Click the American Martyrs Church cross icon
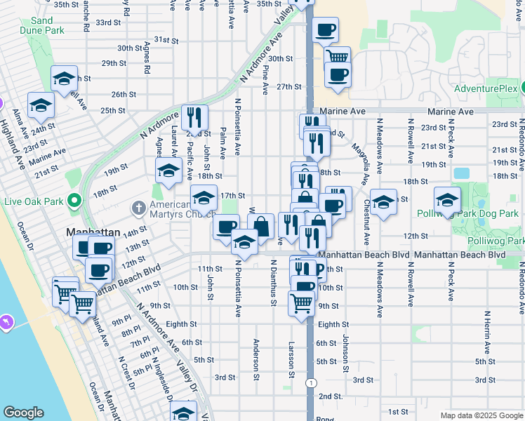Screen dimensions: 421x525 (x=139, y=208)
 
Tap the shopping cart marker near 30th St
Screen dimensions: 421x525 (x=338, y=58)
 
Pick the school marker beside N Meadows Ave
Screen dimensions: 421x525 (x=383, y=202)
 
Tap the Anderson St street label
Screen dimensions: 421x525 (x=257, y=355)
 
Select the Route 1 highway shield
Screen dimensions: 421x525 (x=310, y=382)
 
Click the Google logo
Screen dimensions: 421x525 (x=23, y=413)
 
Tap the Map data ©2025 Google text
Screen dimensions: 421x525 (x=481, y=415)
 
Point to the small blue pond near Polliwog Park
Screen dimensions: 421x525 (x=461, y=173)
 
